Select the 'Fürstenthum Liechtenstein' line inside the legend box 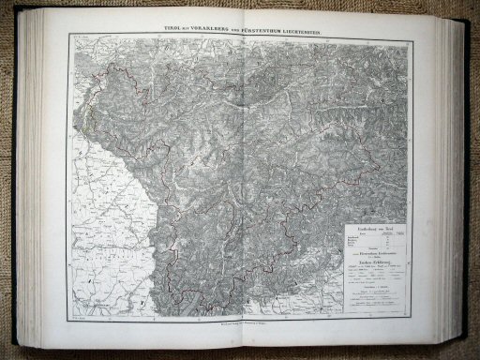[368, 256]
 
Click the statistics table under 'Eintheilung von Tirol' [368, 244]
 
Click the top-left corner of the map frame [65, 37]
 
